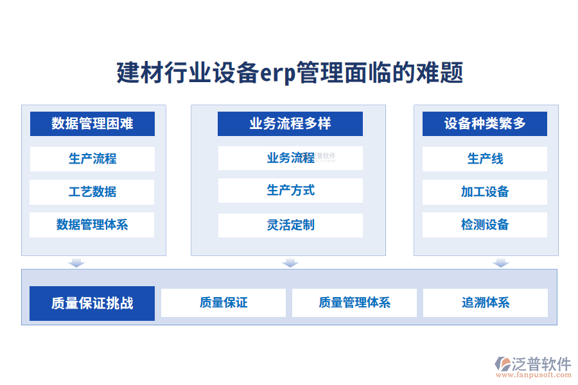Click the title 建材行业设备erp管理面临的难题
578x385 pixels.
(x=290, y=73)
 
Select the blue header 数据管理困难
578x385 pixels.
(x=92, y=124)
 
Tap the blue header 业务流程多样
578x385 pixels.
(x=290, y=124)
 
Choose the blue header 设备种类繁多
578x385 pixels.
(x=485, y=124)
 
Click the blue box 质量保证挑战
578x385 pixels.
(x=92, y=304)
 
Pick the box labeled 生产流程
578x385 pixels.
(x=92, y=158)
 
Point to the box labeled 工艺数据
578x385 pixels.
(x=92, y=192)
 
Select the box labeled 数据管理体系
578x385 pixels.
(x=92, y=225)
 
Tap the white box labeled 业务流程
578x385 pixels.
(x=290, y=158)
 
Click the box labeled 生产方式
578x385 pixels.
(x=290, y=191)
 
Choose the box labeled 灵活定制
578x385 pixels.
(x=290, y=225)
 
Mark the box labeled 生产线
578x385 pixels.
(x=485, y=158)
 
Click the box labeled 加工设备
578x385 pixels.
(x=485, y=192)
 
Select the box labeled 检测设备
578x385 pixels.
(x=485, y=225)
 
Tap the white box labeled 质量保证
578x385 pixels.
(x=223, y=303)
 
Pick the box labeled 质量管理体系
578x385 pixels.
(x=355, y=303)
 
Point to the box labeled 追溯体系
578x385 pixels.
(x=486, y=303)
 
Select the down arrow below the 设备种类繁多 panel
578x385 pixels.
(x=501, y=262)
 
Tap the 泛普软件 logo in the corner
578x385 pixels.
(x=532, y=366)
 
